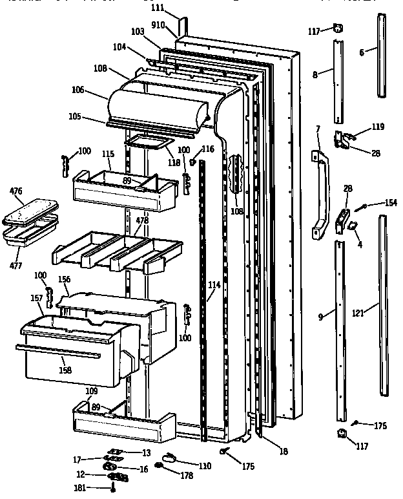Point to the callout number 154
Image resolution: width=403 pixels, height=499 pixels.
(x=390, y=203)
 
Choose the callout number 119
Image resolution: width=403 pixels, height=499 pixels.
(x=377, y=127)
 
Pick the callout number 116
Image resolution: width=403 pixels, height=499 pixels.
(x=207, y=149)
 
